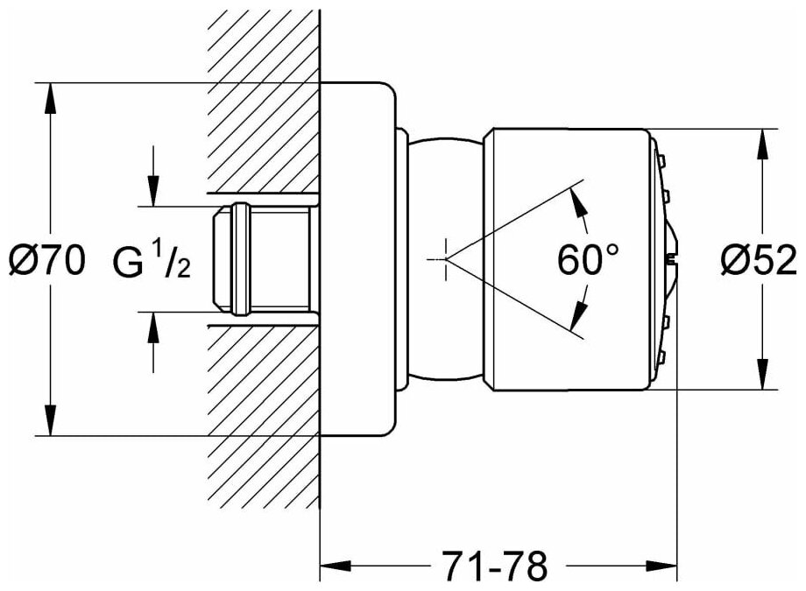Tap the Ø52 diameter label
click(759, 260)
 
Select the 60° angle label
click(588, 260)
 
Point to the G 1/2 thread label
click(152, 260)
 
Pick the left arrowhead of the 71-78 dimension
click(333, 565)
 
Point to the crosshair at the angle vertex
click(445, 259)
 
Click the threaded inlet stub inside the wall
click(263, 259)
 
